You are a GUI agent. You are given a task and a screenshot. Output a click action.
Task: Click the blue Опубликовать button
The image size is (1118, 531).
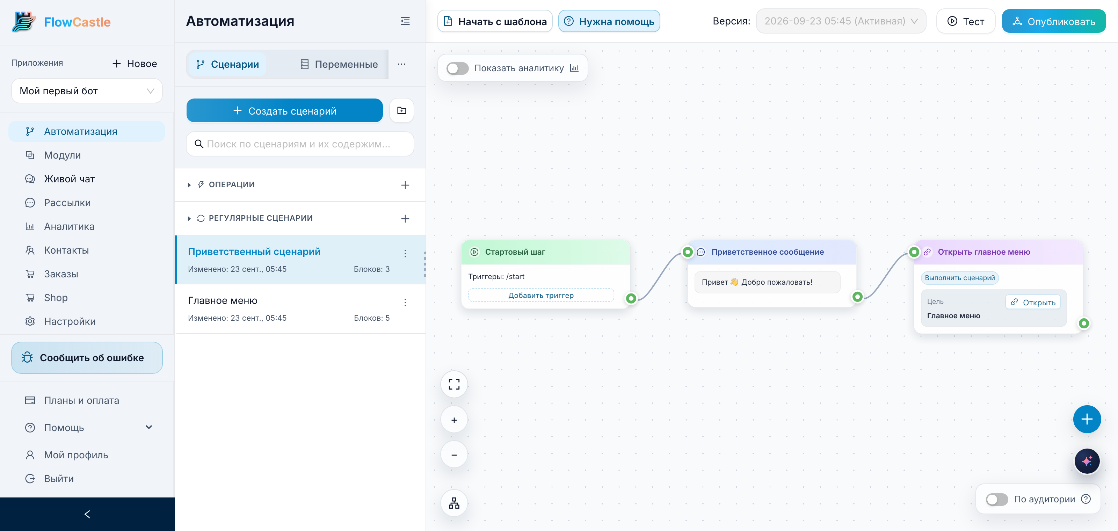click(1053, 21)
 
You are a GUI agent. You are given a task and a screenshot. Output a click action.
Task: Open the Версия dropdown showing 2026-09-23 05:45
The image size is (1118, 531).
click(841, 21)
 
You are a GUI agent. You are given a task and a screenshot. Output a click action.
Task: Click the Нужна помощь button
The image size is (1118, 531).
click(609, 21)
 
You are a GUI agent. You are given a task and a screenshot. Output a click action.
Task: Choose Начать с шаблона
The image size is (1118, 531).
click(495, 21)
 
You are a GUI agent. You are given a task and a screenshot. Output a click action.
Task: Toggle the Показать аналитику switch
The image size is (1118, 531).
click(457, 68)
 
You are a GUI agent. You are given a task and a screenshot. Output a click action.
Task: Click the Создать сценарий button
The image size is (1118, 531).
click(285, 111)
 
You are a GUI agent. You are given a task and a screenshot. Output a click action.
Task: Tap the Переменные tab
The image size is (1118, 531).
click(339, 64)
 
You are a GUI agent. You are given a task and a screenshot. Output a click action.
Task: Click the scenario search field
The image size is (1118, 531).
click(300, 144)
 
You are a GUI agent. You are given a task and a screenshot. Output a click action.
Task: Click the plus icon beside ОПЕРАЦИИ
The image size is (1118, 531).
click(405, 185)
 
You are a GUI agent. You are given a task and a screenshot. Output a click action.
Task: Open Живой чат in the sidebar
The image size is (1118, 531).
click(69, 179)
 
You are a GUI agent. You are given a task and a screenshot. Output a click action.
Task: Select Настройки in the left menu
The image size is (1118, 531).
click(70, 321)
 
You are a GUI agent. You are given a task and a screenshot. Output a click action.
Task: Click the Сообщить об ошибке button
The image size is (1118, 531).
click(87, 357)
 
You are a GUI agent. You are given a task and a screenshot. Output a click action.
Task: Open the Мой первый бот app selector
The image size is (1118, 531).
click(87, 91)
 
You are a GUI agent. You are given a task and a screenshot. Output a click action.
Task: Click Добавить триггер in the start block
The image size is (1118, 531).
click(541, 295)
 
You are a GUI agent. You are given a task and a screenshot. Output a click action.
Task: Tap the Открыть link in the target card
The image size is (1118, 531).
click(1033, 303)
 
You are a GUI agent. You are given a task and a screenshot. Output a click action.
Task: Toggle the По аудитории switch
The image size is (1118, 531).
click(996, 499)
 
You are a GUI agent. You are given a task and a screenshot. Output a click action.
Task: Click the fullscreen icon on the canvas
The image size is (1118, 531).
click(454, 384)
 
